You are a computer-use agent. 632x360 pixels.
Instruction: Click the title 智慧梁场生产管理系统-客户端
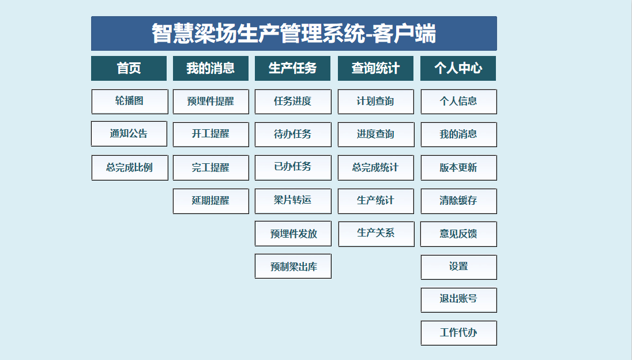[294, 33]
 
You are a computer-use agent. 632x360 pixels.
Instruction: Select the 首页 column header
[129, 68]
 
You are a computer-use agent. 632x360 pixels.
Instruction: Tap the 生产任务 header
[292, 68]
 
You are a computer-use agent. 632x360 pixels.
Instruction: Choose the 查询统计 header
[375, 68]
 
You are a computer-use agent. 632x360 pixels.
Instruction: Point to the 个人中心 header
[458, 68]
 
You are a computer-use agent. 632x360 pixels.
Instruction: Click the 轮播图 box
[130, 102]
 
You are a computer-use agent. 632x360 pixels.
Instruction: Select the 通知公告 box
[129, 133]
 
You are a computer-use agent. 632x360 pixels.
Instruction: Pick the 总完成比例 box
[130, 168]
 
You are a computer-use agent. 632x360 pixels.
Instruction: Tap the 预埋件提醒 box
[211, 102]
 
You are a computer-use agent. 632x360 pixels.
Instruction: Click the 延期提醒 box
[211, 201]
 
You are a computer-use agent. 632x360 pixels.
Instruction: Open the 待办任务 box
[293, 134]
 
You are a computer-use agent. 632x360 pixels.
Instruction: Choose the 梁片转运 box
[293, 201]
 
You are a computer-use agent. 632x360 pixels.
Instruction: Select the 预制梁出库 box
[293, 266]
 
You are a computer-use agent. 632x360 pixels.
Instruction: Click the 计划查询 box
[376, 102]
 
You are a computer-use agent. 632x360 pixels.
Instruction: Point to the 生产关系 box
[377, 234]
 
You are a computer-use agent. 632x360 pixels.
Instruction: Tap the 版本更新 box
[458, 168]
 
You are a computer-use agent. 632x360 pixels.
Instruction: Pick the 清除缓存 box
[458, 201]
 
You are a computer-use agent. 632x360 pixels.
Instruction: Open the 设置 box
[458, 267]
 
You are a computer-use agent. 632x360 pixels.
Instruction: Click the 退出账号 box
[458, 300]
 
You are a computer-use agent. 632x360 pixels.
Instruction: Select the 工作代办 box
[458, 333]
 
